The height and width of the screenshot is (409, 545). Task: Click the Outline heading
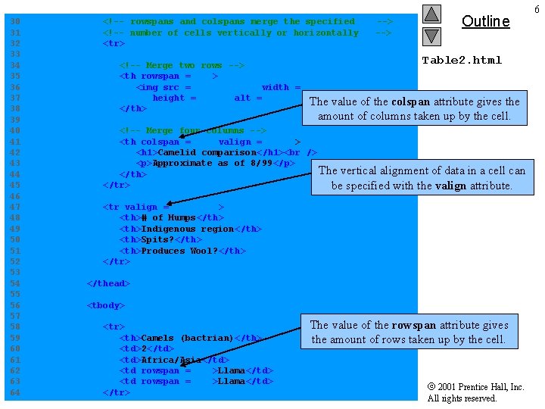pyautogui.click(x=485, y=21)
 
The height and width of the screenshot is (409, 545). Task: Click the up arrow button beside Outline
pyautogui.click(x=431, y=14)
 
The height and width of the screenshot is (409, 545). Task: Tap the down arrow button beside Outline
pyautogui.click(x=431, y=36)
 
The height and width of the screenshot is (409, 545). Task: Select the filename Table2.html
pyautogui.click(x=462, y=60)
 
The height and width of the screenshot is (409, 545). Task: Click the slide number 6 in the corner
pyautogui.click(x=537, y=8)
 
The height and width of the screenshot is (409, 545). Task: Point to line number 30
pyautogui.click(x=15, y=22)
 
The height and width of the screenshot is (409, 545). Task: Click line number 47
pyautogui.click(x=15, y=207)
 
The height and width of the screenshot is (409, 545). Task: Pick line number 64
pyautogui.click(x=15, y=392)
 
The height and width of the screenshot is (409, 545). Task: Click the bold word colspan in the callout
pyautogui.click(x=411, y=101)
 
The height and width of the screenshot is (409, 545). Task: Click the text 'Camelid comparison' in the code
pyautogui.click(x=204, y=153)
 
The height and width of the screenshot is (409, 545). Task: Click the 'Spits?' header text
pyautogui.click(x=157, y=240)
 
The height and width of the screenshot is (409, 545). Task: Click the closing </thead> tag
pyautogui.click(x=108, y=283)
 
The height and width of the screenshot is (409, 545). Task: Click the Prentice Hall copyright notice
pyautogui.click(x=475, y=392)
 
